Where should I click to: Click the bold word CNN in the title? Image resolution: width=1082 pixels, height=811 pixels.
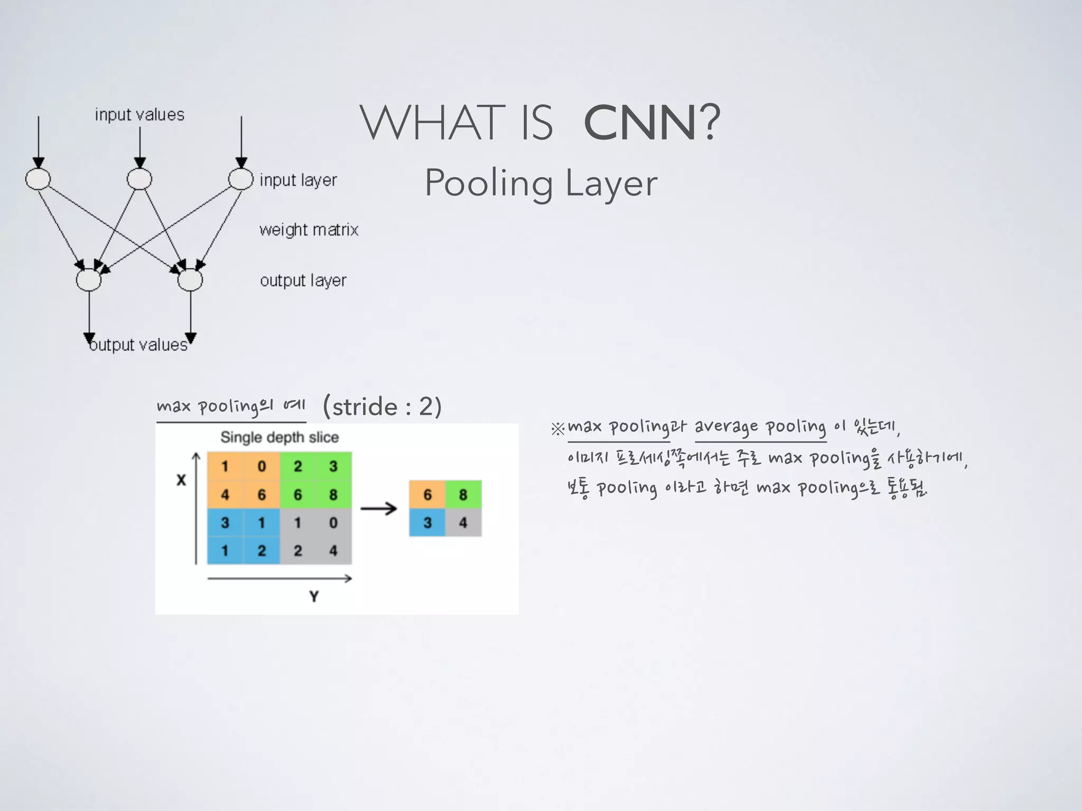[640, 122]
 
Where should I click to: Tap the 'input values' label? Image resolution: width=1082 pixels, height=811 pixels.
[139, 115]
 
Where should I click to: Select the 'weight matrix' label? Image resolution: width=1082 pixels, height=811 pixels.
[309, 230]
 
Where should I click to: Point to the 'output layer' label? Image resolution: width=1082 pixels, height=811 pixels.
[303, 280]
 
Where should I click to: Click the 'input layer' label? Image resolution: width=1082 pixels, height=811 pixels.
[298, 180]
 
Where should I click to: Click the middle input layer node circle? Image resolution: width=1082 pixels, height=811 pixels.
[139, 179]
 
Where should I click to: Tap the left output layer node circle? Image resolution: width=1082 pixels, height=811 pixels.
[89, 280]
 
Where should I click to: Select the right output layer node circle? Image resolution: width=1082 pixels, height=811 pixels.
[190, 280]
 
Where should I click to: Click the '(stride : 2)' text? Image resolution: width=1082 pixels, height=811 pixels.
[382, 407]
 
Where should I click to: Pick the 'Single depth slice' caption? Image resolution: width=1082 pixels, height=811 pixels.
[279, 437]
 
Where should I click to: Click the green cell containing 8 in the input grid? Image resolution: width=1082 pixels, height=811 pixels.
[333, 495]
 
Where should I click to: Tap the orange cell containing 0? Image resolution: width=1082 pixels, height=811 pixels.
[262, 466]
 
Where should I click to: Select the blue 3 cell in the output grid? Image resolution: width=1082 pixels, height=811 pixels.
[427, 523]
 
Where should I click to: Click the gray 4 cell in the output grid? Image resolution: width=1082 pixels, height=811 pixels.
[463, 523]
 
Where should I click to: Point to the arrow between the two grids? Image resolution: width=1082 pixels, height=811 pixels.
[378, 508]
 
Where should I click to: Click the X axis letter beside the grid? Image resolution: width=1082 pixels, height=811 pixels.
[181, 480]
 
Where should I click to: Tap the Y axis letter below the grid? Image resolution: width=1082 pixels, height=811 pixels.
[314, 596]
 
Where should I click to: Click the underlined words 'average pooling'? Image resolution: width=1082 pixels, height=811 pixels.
[760, 427]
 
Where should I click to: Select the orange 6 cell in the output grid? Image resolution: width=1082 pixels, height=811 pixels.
[427, 495]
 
